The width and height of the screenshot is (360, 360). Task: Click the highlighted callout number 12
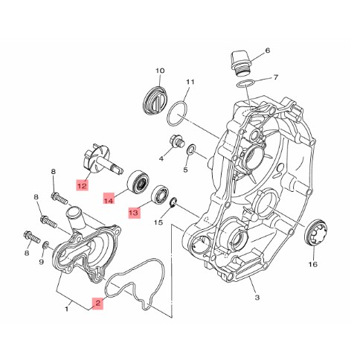coord(83,185)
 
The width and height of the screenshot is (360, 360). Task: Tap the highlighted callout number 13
coord(135,213)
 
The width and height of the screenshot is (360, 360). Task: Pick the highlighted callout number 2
coord(97,303)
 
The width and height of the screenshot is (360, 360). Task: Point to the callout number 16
coord(313,264)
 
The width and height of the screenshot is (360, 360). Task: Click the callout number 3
coord(257,297)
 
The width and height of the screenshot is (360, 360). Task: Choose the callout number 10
coord(160,71)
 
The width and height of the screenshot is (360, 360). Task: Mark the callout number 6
coord(268,51)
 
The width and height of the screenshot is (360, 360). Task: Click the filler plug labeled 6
coord(241,63)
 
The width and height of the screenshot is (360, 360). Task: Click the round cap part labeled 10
coord(156,100)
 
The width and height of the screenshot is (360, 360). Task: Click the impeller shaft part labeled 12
coord(103,160)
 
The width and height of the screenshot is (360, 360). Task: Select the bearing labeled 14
coord(139,184)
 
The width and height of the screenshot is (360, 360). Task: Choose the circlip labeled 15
coord(173,202)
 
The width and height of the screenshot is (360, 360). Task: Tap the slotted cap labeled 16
coord(316,233)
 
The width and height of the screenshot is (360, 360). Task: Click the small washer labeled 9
coord(45,245)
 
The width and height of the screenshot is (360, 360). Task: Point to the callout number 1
coord(66,309)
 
